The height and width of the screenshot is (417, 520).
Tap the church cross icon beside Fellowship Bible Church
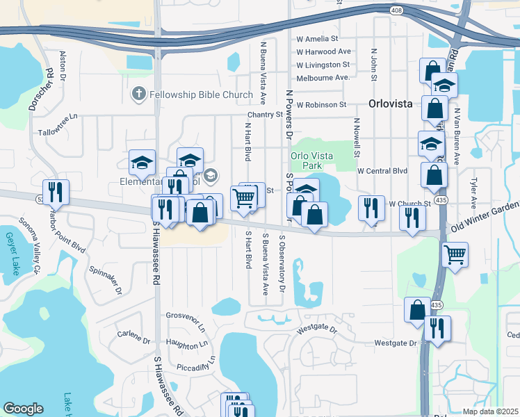pos(138,94)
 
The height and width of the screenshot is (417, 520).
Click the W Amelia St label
pos(316,40)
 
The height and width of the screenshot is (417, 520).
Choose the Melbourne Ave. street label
pos(322,78)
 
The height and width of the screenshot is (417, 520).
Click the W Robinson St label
pos(321,105)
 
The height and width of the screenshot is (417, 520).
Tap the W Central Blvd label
pos(382,170)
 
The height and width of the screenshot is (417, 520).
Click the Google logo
pos(23,409)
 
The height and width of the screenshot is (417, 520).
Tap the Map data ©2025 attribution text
pos(490,411)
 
